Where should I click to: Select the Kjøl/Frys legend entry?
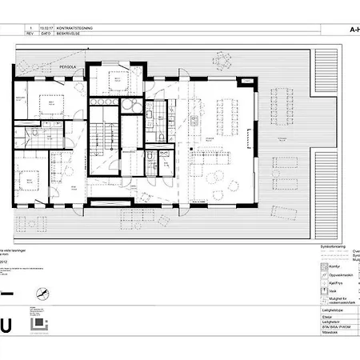click(x=324, y=281)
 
